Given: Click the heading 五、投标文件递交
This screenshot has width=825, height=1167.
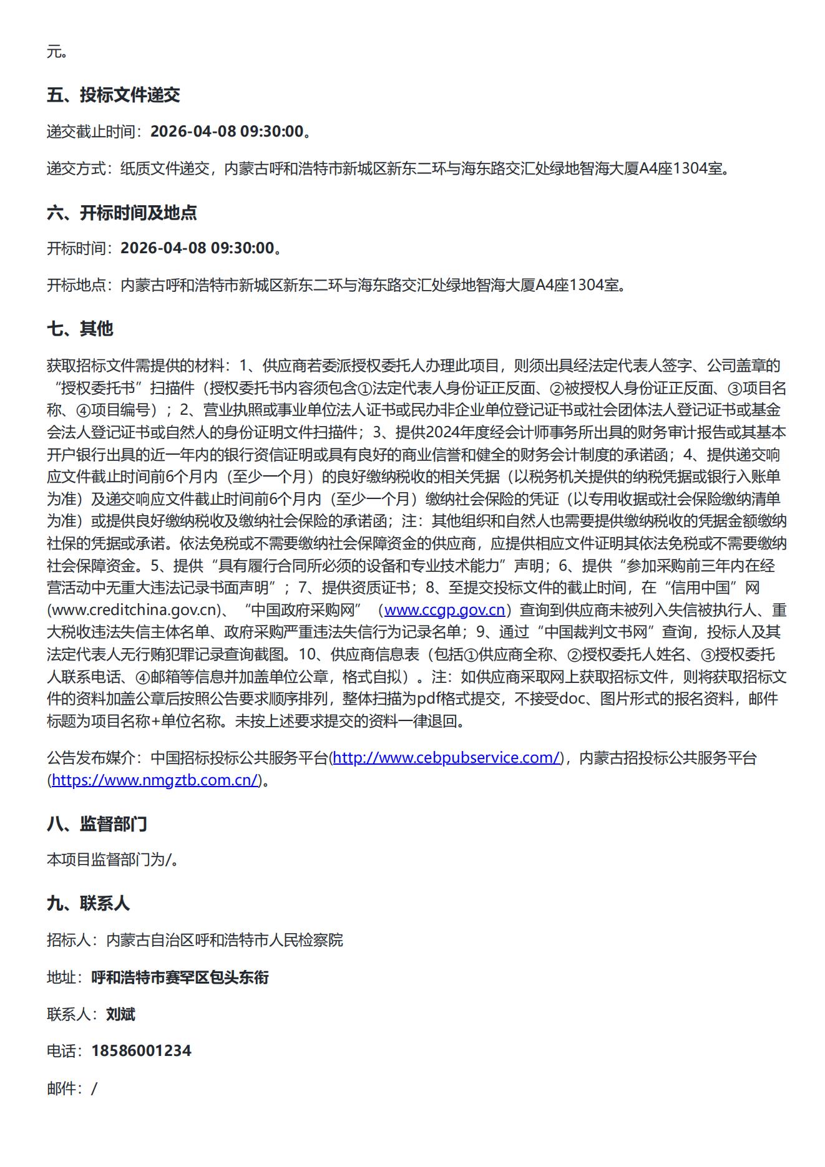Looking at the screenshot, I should (113, 95).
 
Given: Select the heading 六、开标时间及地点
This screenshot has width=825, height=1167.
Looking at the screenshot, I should (122, 213).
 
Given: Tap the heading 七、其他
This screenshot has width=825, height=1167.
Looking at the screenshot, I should (80, 329).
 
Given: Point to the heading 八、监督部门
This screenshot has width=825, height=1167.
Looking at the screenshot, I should (97, 824).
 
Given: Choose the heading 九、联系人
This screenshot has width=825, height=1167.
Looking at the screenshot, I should (88, 903).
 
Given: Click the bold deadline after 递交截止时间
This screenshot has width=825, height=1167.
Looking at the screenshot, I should (227, 132).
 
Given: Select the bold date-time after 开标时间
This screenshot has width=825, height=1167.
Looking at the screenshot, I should (197, 248).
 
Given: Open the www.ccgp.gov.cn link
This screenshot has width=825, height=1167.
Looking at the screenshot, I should (444, 610).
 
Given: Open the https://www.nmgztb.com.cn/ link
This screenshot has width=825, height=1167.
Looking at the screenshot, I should (155, 780).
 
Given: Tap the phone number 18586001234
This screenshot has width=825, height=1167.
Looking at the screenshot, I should (141, 1051).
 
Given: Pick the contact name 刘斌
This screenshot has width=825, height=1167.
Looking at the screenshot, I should (120, 1014).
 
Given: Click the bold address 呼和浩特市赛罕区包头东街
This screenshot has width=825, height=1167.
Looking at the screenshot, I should (180, 977).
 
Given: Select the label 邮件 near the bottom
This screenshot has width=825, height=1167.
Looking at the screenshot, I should (62, 1089).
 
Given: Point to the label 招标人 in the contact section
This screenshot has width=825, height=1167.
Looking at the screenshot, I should (69, 940).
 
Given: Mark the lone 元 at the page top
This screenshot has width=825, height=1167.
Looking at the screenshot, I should (54, 52).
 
